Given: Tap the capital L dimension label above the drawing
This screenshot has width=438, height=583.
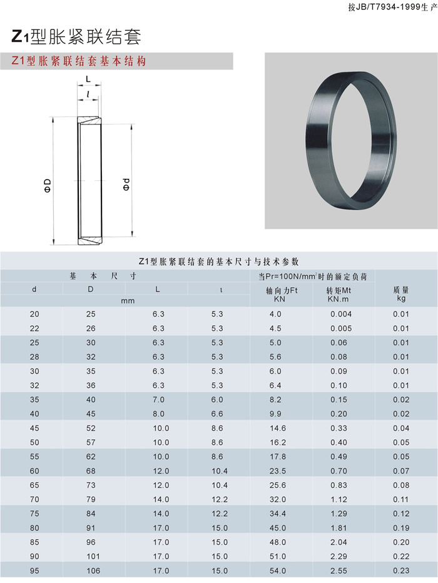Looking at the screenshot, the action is point(88,79).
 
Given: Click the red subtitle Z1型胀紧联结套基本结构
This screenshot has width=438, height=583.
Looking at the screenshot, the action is point(79,61).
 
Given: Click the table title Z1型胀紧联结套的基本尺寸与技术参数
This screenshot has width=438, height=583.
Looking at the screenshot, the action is point(218,261).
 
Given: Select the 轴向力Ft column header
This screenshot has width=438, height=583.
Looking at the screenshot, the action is point(282,295).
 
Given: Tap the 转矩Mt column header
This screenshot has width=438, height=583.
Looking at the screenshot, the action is point(339,295).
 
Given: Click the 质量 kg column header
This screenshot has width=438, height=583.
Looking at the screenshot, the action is point(401,294).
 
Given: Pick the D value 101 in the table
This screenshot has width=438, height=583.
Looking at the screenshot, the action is point(93,557).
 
